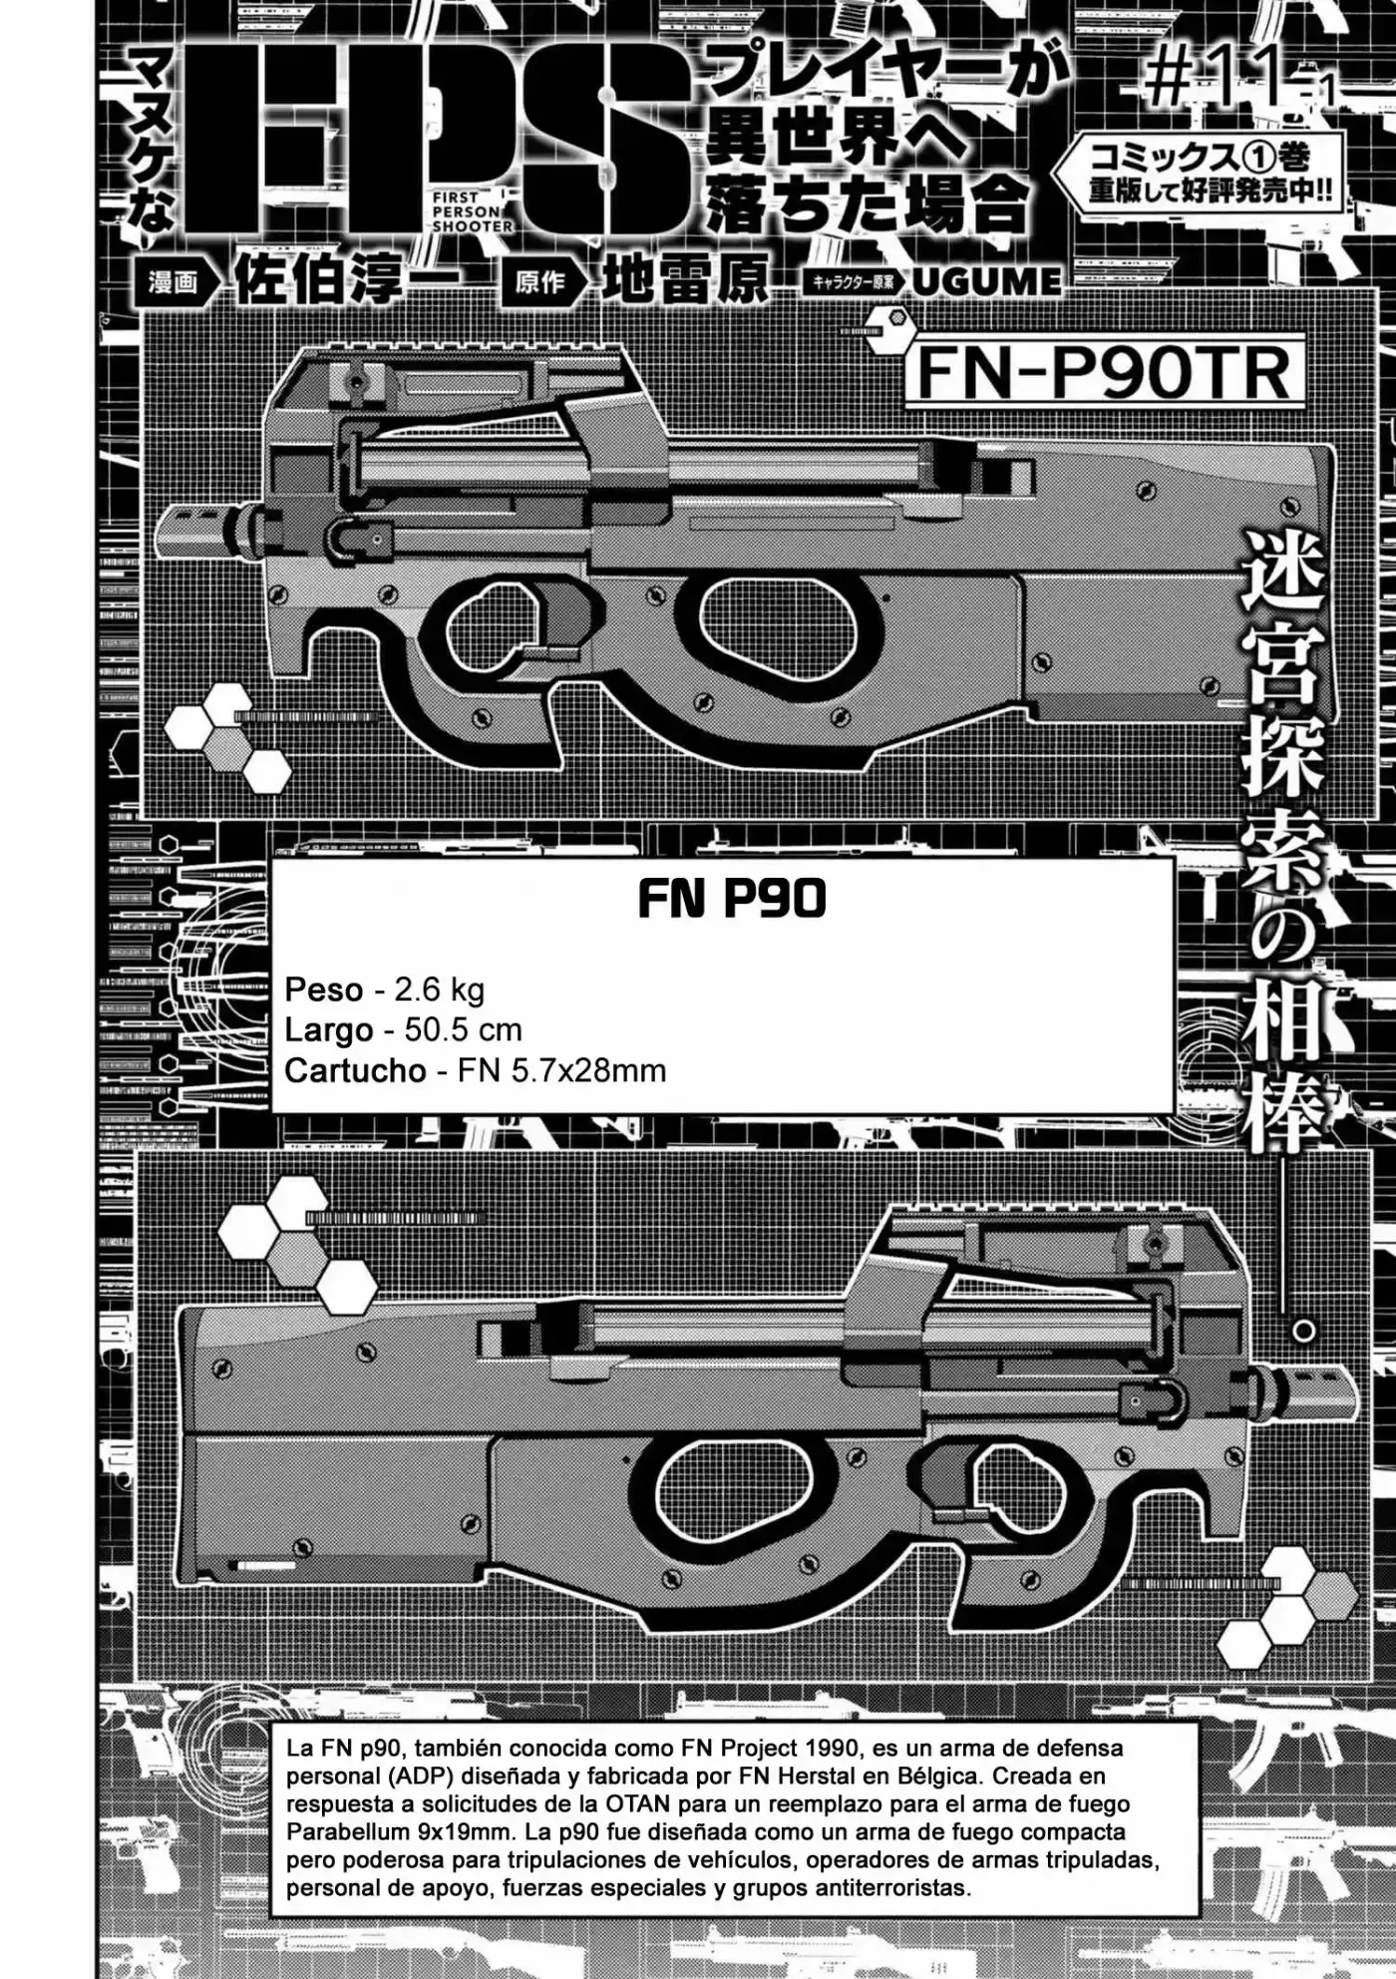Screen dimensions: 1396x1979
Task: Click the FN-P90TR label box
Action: pos(1105,372)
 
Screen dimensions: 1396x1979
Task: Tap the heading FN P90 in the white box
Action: pos(732,900)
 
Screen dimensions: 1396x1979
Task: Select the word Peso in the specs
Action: pos(324,989)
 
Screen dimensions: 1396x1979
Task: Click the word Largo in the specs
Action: pos(329,1029)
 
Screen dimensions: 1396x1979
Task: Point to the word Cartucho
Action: pos(355,1070)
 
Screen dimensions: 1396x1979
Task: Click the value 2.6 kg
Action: pos(440,989)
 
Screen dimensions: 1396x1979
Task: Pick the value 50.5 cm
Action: pos(463,1029)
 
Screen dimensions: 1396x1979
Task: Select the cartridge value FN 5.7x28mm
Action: pos(561,1070)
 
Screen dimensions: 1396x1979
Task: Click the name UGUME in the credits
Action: pos(986,282)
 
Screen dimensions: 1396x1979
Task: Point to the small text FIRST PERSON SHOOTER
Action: pos(471,211)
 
